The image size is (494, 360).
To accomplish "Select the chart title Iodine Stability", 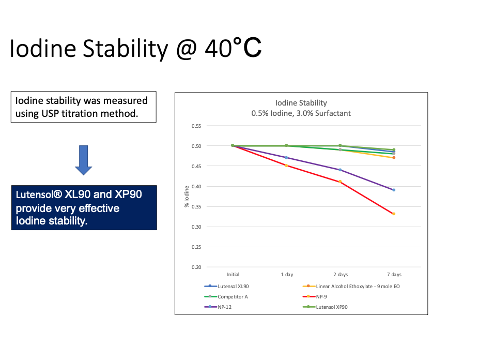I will point(301,103).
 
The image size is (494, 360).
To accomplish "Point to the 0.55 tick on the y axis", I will point(196,126).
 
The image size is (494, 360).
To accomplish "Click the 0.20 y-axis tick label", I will point(196,267).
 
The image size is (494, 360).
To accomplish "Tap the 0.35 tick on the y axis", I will point(196,206).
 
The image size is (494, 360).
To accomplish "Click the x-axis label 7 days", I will point(394,275).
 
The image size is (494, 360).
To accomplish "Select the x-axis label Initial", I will point(233,275).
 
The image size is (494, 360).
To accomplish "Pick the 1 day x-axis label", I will point(287,275).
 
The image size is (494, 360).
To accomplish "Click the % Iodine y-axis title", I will point(187,197).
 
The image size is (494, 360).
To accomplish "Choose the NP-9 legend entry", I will point(321,297).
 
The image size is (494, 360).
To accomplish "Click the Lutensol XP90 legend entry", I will point(334,307).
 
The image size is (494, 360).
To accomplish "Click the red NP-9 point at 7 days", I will point(394,214).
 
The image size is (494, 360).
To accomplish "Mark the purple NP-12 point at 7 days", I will point(394,190).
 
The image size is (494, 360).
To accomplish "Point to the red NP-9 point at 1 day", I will point(287,166).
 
